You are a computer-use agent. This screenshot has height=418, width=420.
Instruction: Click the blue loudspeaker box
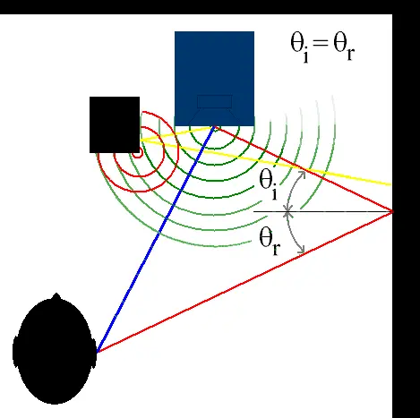tap(214, 79)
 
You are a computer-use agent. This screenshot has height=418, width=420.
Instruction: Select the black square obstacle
tap(115, 124)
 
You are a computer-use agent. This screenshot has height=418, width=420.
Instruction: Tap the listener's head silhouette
tap(55, 349)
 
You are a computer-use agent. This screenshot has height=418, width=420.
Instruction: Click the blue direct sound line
tap(155, 239)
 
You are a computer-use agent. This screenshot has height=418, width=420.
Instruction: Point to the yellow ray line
tap(266, 162)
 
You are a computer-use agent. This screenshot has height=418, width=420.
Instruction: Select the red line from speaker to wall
tap(304, 169)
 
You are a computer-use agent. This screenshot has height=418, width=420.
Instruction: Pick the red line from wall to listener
tap(244, 282)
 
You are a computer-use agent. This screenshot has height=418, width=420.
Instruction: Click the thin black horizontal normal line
tap(322, 211)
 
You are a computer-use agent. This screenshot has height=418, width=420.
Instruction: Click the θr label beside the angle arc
tap(270, 241)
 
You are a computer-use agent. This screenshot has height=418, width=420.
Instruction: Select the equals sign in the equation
tap(321, 43)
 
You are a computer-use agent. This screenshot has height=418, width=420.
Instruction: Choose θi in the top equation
tap(300, 47)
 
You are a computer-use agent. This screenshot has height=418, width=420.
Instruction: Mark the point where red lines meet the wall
tap(392, 211)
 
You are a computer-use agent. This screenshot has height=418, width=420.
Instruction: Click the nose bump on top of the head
tap(56, 296)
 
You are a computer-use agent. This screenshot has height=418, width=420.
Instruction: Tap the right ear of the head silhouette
tap(94, 352)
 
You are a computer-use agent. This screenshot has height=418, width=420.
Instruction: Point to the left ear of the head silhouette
tap(14, 352)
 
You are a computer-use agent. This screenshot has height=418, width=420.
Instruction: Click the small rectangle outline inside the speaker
tap(215, 101)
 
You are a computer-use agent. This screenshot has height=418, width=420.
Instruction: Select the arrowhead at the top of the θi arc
tap(302, 174)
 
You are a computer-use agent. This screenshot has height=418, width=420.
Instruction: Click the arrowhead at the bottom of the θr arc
tap(301, 250)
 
